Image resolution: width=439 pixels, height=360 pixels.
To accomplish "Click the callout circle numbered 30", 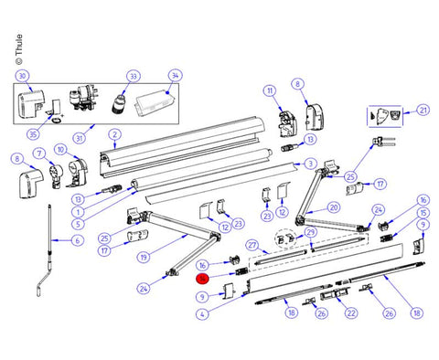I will pyautogui.click(x=23, y=75).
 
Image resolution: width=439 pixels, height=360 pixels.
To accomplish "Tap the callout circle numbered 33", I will pyautogui.click(x=133, y=76).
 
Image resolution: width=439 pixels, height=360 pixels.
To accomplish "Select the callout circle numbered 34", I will pyautogui.click(x=176, y=76).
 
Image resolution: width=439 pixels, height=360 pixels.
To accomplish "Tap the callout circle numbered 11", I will pyautogui.click(x=269, y=90).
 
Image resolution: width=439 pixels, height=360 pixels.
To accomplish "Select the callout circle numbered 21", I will pyautogui.click(x=423, y=110).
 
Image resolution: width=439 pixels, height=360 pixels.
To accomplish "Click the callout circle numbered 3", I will pyautogui.click(x=312, y=164).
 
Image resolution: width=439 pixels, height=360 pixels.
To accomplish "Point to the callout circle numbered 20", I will pyautogui.click(x=334, y=206).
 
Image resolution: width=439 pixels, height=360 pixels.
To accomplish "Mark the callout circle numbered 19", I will pyautogui.click(x=143, y=258).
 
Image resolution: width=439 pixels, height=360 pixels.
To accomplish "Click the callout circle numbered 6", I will pyautogui.click(x=77, y=240).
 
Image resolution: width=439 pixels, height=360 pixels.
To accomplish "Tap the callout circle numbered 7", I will pyautogui.click(x=39, y=152).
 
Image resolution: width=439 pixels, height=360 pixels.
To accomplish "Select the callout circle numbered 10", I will pyautogui.click(x=60, y=149).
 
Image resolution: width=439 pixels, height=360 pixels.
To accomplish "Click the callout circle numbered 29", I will pyautogui.click(x=310, y=232).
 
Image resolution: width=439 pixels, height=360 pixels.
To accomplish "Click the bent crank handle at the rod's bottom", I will pyautogui.click(x=36, y=291).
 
